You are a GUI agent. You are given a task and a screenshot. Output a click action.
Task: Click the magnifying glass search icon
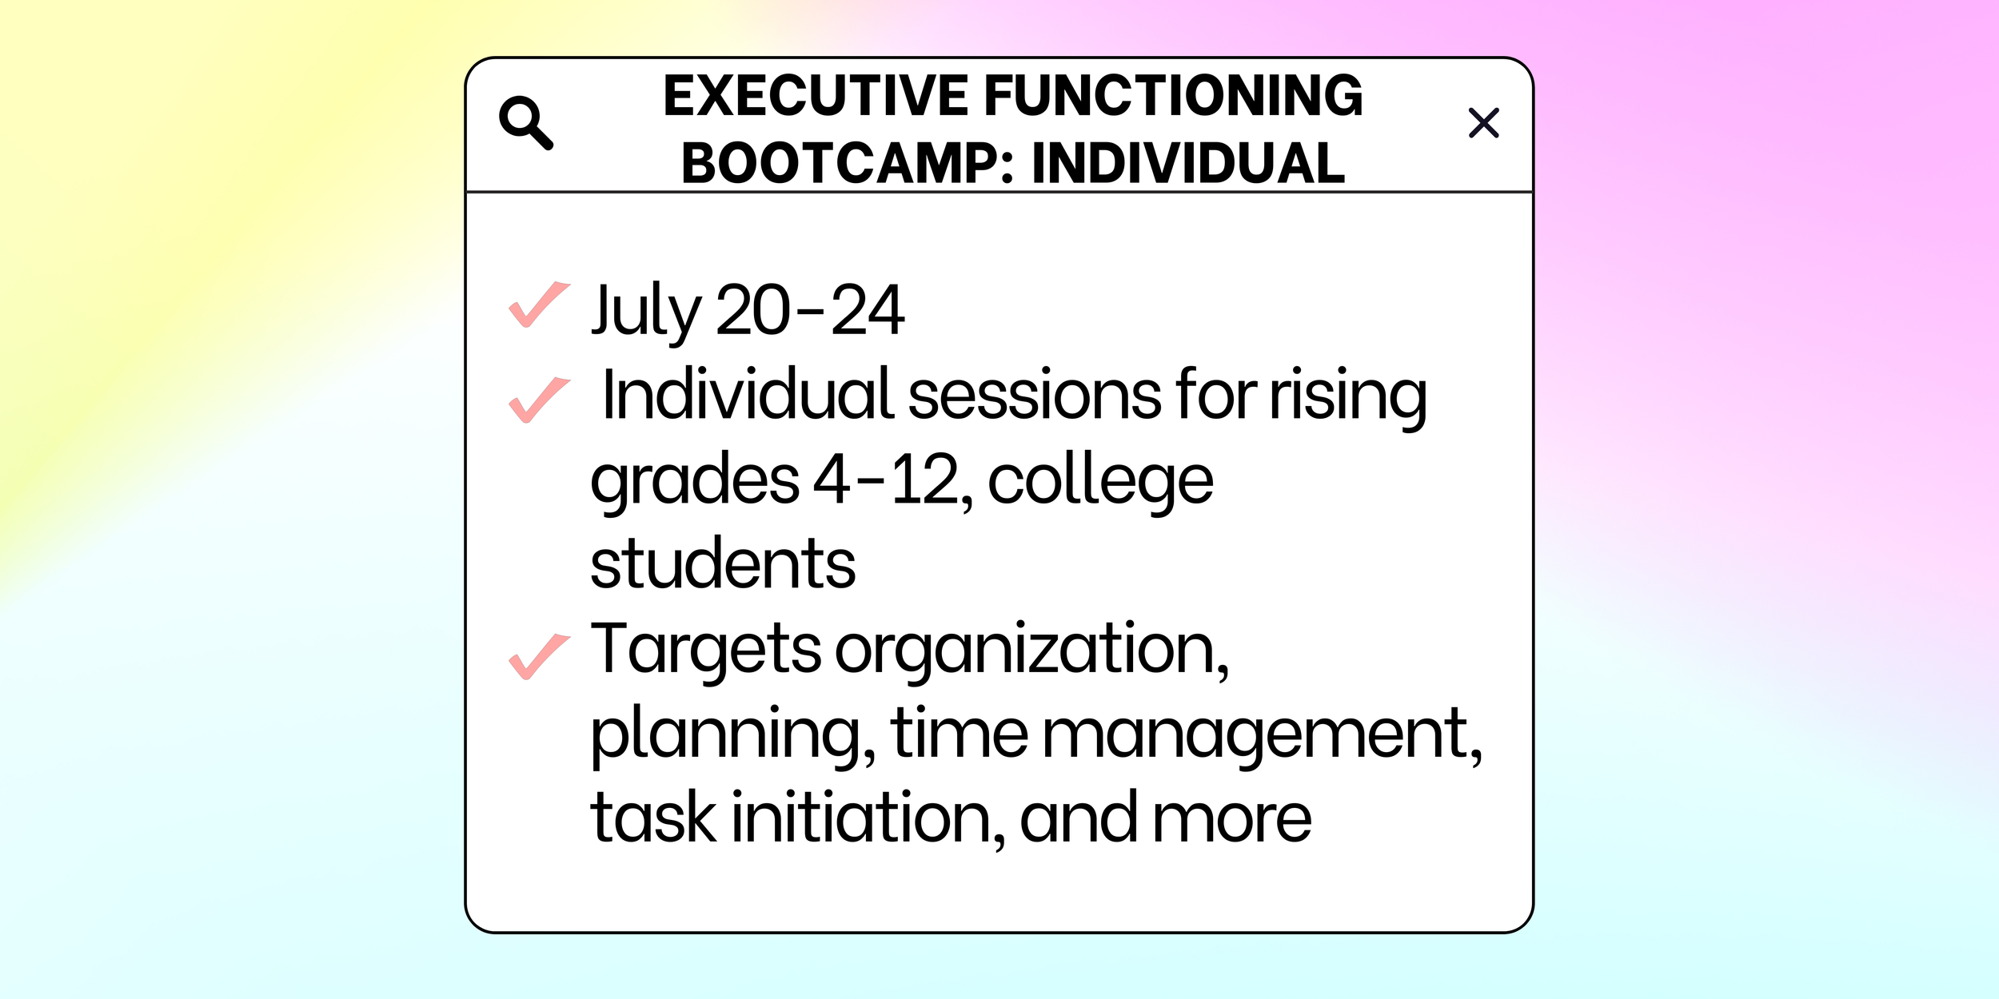click(x=525, y=122)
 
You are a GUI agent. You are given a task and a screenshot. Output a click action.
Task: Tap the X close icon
click(x=1483, y=123)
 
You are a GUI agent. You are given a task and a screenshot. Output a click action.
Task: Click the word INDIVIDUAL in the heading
click(x=1188, y=164)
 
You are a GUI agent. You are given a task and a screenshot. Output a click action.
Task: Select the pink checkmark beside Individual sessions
click(x=539, y=399)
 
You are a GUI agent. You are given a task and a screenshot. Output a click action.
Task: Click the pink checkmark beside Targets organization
click(x=539, y=656)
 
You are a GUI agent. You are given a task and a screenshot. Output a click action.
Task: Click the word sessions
click(x=1035, y=395)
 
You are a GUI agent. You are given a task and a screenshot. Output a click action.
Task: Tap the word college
click(x=1100, y=481)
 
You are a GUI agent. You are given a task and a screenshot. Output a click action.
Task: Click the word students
click(x=722, y=564)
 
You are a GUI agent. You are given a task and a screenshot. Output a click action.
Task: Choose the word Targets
click(x=705, y=649)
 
